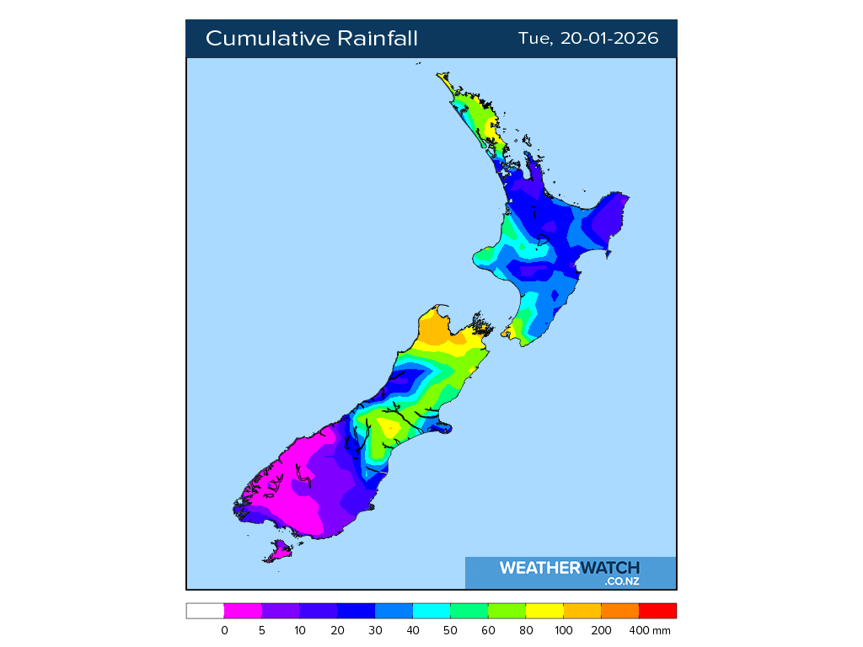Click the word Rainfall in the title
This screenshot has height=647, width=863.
378,39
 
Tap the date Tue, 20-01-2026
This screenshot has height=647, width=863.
588,39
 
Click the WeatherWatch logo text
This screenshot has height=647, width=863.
569,568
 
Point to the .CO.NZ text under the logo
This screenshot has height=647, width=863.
621,581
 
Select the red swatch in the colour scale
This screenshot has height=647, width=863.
657,611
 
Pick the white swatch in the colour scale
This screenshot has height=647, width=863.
205,611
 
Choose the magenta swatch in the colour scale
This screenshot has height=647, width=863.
243,611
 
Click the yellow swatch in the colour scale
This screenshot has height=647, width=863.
544,611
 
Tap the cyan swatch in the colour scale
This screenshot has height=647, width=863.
431,611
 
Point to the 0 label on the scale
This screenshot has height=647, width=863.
224,630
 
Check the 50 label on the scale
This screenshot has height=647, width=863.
451,630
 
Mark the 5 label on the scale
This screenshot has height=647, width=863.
262,630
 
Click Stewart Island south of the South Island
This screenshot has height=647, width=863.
277,552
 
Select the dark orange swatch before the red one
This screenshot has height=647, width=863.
619,611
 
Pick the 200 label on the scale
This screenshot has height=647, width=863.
601,630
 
